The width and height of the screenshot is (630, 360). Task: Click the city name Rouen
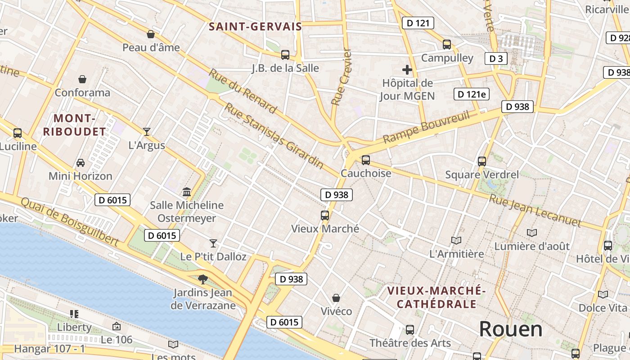pos(510,329)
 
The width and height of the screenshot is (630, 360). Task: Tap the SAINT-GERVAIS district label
pos(255,27)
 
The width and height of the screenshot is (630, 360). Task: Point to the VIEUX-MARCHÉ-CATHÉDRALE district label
pos(436,297)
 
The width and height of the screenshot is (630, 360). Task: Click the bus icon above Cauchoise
pos(366,160)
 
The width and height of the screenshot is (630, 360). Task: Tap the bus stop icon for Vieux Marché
pos(325,216)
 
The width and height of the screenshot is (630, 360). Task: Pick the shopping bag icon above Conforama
pos(82,80)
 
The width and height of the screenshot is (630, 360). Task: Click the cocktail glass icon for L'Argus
pos(147,132)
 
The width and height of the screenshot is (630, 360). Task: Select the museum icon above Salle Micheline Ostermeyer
pos(187,192)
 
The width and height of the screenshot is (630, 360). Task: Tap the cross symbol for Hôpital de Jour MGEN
pos(407,70)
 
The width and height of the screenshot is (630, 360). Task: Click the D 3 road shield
pos(496,58)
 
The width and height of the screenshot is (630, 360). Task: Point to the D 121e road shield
pos(471,94)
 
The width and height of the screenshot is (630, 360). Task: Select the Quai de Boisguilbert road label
pos(70,222)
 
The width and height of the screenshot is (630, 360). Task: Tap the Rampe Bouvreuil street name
pos(426,127)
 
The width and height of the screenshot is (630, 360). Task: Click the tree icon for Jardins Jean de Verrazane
pos(203,279)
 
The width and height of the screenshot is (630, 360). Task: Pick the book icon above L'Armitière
pos(456,240)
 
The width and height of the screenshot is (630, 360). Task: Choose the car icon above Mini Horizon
pos(81,162)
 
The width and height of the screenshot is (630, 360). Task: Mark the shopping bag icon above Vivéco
pos(336,298)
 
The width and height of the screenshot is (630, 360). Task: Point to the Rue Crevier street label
pos(341,77)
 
